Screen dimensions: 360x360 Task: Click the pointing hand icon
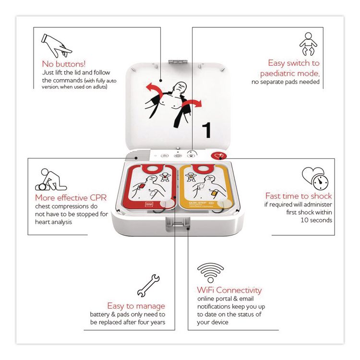[x=56, y=44]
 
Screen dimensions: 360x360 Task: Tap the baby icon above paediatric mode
[x=308, y=44]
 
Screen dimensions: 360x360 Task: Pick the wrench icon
[x=148, y=285]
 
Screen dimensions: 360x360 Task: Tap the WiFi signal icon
[x=211, y=273]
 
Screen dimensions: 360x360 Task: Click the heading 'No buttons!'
[x=63, y=63]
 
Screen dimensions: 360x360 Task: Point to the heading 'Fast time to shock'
[x=299, y=196]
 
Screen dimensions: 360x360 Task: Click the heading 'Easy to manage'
[x=136, y=306]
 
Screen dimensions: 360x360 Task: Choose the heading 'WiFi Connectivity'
[x=229, y=290]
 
